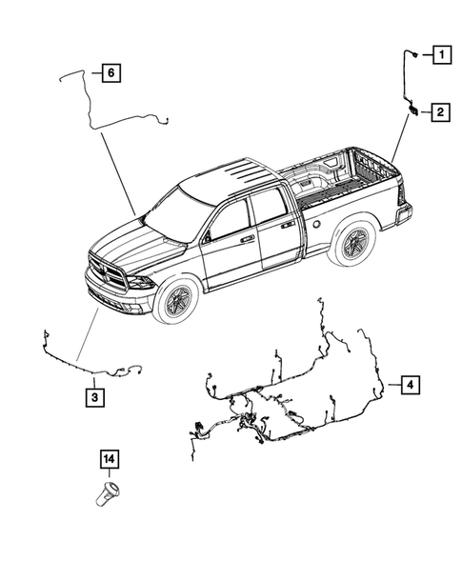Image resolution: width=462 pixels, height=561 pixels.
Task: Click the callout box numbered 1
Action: [441, 54]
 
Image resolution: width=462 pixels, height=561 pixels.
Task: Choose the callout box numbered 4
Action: [408, 385]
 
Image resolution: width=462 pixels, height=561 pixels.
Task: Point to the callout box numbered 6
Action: [110, 72]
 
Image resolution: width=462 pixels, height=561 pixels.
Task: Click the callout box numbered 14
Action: [110, 460]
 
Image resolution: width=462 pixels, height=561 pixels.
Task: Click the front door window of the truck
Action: [229, 222]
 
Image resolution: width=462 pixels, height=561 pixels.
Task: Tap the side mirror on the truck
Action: [207, 234]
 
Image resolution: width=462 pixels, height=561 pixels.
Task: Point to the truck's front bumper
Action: [119, 297]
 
